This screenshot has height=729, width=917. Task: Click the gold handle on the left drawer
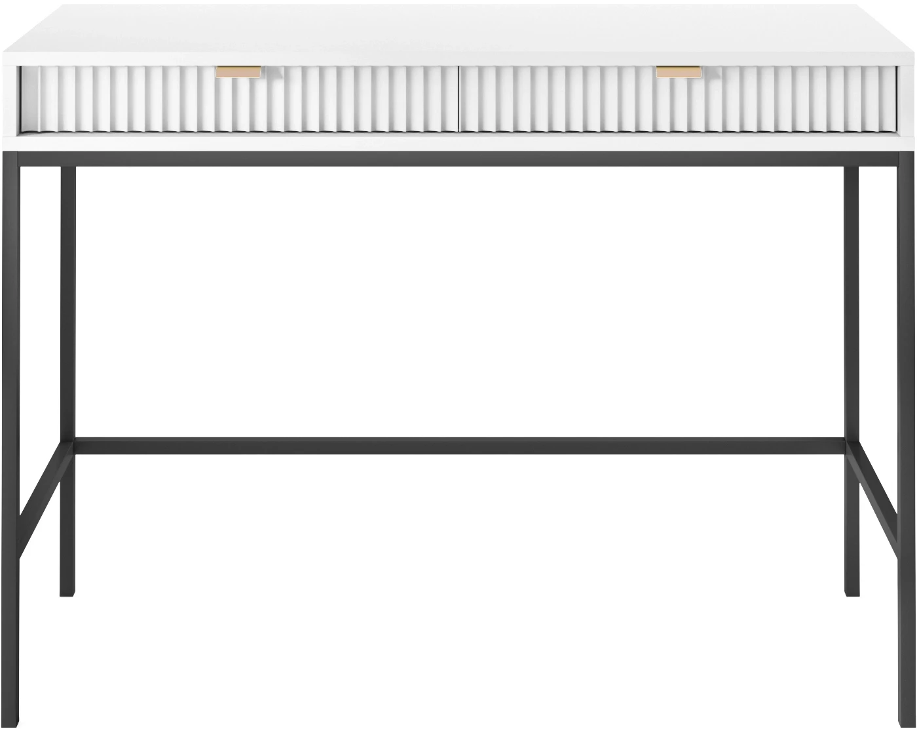click(238, 71)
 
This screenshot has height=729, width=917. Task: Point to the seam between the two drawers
click(458, 98)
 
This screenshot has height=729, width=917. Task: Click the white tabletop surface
click(458, 33)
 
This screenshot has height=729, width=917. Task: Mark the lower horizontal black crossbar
click(458, 446)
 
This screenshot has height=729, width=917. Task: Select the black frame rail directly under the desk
click(458, 159)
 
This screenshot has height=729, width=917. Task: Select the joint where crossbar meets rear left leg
click(68, 446)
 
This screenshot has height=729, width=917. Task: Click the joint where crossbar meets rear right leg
click(851, 446)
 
